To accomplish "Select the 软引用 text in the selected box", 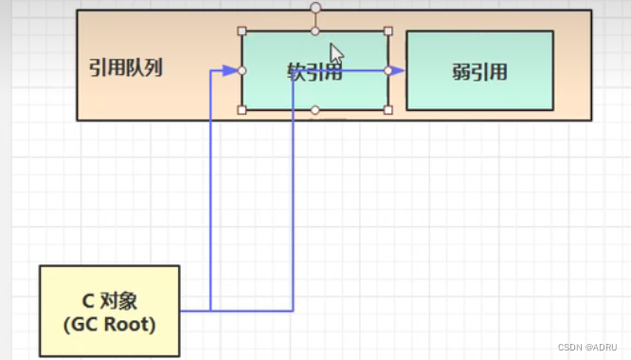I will (x=314, y=72).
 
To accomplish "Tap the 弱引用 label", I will (x=479, y=71).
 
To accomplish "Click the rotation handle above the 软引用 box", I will (x=315, y=8).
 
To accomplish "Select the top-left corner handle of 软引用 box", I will (x=243, y=30).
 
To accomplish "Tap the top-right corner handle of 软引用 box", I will (x=388, y=30).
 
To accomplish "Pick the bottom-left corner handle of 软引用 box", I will (x=243, y=110).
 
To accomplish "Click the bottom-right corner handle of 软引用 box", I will (x=388, y=110).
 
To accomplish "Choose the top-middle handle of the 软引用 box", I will (x=315, y=30).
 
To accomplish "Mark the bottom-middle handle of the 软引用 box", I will (x=315, y=110).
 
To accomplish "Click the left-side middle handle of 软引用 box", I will (x=243, y=70).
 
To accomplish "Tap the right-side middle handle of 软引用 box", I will (x=388, y=70).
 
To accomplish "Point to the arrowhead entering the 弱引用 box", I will (x=399, y=70).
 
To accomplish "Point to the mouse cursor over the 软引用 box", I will (x=335, y=53).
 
